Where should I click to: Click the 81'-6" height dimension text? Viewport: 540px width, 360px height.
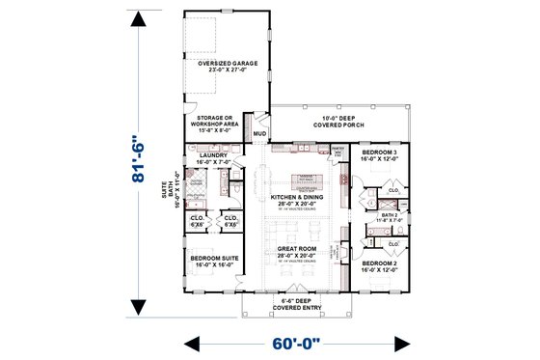coord(141,165)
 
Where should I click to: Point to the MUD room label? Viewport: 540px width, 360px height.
coord(258,132)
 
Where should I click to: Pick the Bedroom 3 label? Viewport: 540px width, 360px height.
coord(381,155)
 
